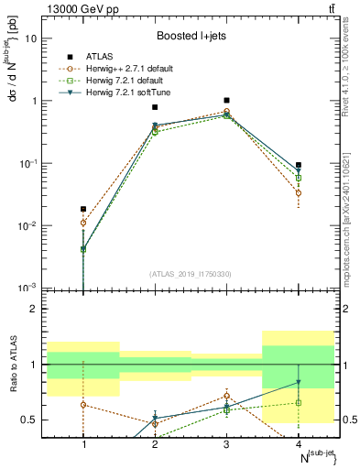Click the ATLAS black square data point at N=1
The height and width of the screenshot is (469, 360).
pos(83,209)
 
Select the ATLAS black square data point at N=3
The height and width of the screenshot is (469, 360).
pos(226,100)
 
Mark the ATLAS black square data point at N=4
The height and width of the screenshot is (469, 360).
pos(299,165)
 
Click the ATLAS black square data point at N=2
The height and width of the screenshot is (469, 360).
pos(155,107)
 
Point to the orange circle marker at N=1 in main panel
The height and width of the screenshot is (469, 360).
pos(83,223)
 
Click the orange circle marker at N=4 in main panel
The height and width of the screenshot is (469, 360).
pos(299,193)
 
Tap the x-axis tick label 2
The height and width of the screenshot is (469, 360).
pos(155,444)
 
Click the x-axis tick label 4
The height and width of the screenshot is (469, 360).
pos(299,444)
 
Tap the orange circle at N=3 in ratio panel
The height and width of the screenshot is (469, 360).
pos(226,396)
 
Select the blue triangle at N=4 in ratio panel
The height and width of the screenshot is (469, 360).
pos(299,383)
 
